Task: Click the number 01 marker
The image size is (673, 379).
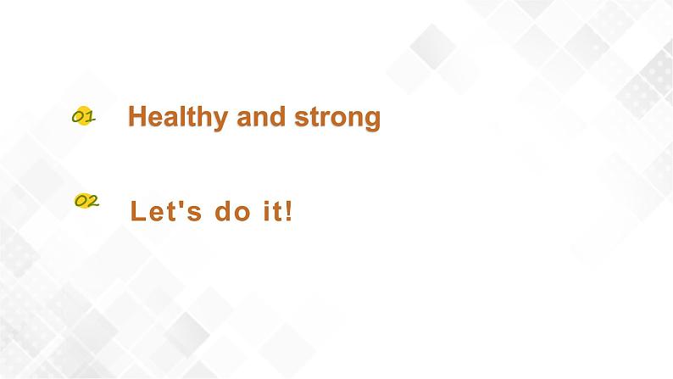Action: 84,116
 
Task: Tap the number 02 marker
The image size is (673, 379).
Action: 86,201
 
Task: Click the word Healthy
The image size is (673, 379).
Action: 178,117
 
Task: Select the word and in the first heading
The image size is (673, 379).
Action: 261,116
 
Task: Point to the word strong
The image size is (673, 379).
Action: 337,118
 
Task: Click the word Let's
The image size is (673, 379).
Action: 165,210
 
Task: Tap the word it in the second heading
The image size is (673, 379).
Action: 273,210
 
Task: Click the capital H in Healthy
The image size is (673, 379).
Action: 138,116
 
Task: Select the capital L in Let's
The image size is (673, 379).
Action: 138,211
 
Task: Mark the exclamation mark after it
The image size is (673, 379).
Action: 288,210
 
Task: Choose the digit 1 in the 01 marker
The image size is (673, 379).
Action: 89,116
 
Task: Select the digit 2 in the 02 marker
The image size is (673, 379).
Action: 93,201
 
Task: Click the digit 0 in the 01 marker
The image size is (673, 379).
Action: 78,117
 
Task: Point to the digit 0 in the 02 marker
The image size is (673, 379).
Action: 81,201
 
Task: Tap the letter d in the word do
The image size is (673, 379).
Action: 223,210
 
